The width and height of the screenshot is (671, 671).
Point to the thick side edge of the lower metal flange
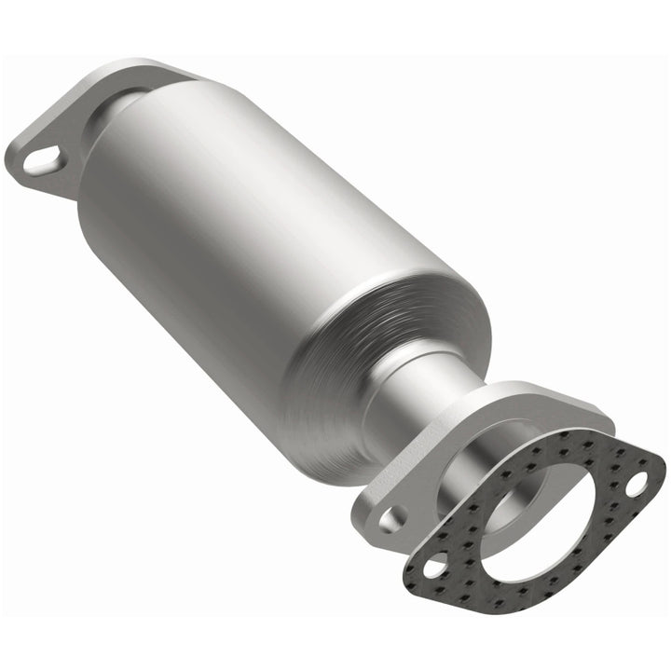373,536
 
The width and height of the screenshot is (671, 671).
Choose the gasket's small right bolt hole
636,484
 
